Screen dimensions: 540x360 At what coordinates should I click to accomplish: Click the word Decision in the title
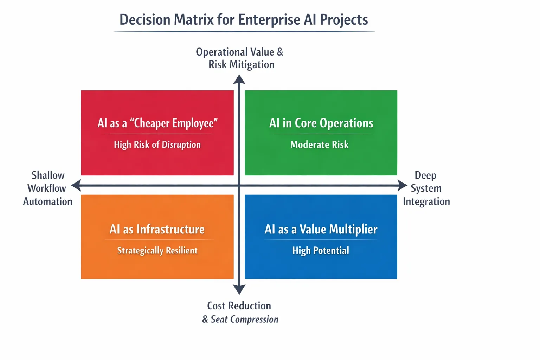(145, 20)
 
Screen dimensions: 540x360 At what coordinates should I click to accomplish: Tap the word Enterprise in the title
(269, 20)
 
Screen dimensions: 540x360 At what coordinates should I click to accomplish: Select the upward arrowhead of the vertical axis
(239, 79)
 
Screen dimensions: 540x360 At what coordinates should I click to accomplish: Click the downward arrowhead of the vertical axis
(239, 289)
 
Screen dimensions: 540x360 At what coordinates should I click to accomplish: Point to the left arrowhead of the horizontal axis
(76, 185)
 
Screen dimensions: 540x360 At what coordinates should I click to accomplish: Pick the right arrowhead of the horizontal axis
(402, 185)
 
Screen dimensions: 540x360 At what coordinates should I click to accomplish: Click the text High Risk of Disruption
(157, 145)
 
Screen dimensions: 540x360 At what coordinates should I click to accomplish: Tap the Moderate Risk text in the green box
(320, 145)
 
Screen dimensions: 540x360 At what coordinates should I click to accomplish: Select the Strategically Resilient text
(157, 251)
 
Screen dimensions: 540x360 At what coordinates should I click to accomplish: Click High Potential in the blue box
(321, 251)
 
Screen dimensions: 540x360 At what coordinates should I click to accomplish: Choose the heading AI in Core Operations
(321, 123)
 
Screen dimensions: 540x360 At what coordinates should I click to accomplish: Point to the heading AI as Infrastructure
(157, 229)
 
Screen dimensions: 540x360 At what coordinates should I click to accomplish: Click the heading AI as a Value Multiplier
(321, 229)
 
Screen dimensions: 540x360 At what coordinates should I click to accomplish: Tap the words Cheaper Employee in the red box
(174, 123)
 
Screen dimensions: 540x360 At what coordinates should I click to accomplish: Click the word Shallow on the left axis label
(48, 175)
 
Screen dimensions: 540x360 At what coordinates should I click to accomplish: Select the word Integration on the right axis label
(426, 201)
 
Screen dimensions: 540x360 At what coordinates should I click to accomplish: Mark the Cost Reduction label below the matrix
(239, 306)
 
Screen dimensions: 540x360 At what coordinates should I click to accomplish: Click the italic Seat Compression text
(244, 319)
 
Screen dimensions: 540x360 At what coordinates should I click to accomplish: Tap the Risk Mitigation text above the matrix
(241, 65)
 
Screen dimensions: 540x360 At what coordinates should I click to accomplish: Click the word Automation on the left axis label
(48, 201)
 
